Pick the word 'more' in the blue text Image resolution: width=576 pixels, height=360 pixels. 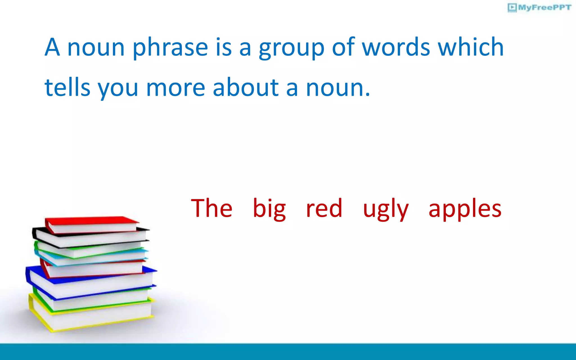175,88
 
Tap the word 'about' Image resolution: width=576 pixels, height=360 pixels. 246,87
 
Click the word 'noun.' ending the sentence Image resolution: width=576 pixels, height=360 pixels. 338,88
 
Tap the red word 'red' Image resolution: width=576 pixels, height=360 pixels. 324,209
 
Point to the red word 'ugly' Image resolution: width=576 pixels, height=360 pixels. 386,209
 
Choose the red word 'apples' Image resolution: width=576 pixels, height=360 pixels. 465,209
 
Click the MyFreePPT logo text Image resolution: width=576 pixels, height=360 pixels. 544,7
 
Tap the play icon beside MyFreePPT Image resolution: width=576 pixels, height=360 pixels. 512,7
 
